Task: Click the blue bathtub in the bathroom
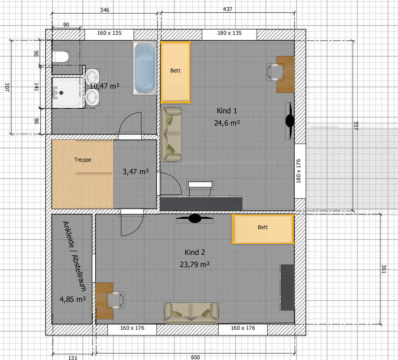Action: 145,68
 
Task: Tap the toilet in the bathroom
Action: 60,56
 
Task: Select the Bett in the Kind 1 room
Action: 175,72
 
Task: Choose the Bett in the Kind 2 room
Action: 263,229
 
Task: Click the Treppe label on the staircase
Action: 83,160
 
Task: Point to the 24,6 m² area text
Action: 227,123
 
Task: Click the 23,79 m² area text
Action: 195,264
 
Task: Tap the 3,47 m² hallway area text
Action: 136,172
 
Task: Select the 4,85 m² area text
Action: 73,299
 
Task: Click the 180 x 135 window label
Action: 230,33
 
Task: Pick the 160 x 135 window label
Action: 110,33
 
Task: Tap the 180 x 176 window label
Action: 298,171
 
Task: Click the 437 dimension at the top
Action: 228,9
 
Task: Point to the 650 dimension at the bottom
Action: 195,357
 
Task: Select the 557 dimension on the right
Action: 356,126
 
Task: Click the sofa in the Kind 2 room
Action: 191,313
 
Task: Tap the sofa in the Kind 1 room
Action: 171,135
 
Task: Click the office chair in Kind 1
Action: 275,72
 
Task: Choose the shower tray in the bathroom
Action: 68,92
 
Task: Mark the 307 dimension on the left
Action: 7,87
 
